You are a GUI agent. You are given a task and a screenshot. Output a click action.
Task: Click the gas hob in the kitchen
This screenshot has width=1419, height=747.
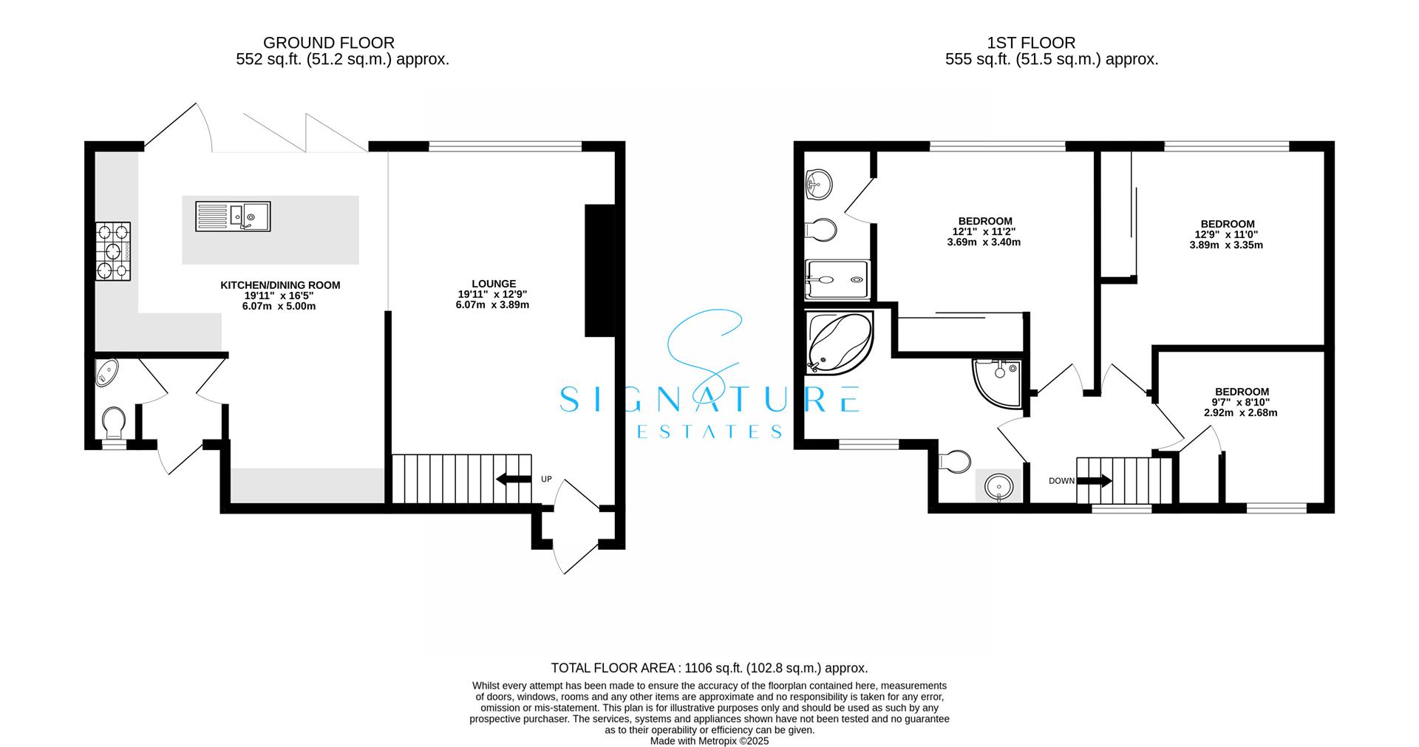113,251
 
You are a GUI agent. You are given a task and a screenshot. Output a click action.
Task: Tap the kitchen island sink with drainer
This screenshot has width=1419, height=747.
233,216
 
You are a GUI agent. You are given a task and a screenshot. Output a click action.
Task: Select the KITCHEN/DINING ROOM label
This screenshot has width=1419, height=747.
280,285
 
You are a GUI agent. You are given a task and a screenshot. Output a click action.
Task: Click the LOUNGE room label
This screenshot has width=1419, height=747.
494,284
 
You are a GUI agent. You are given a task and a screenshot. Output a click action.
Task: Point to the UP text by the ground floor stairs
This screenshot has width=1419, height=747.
546,480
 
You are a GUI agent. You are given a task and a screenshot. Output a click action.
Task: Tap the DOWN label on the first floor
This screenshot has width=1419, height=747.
1061,481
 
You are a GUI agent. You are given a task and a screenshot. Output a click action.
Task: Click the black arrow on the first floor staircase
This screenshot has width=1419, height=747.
1095,481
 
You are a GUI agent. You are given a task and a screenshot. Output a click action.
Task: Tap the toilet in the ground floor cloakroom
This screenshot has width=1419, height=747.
113,422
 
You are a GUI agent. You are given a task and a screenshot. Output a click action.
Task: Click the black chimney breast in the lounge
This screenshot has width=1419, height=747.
599,270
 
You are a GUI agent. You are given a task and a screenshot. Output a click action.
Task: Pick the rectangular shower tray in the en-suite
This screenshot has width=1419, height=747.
837,280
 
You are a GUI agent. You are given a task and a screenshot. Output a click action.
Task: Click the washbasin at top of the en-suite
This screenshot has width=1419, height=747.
819,182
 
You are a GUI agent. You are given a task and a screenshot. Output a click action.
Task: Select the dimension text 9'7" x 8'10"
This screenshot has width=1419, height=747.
1241,403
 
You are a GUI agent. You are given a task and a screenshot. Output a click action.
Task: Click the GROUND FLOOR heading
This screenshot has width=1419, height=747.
329,43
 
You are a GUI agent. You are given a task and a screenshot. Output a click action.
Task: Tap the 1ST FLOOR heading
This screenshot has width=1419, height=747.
1051,43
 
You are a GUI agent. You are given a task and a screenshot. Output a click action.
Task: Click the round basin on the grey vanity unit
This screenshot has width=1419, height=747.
998,486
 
